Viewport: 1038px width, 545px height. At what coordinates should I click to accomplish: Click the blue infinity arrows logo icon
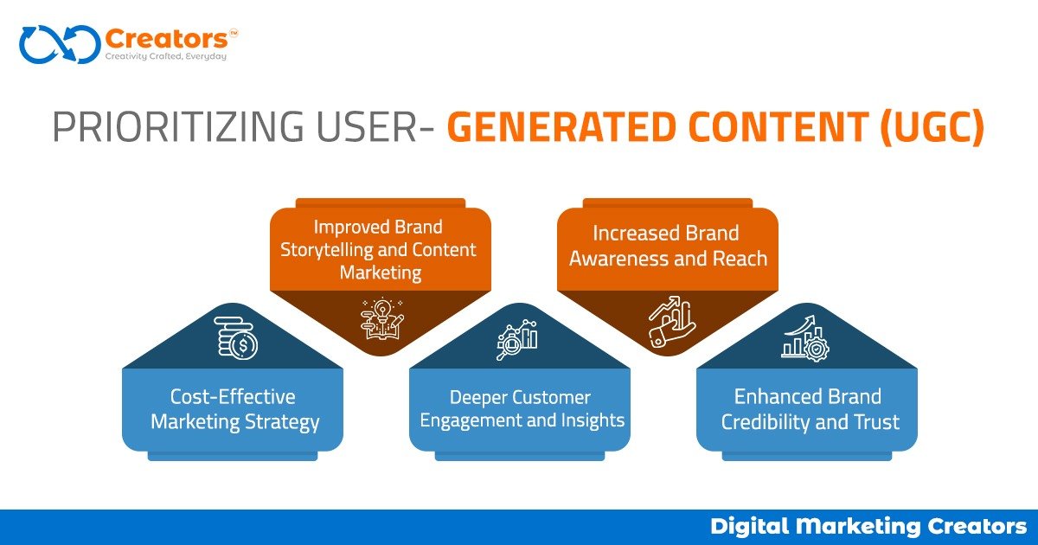point(61,44)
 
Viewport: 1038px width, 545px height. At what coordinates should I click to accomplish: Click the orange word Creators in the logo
point(166,39)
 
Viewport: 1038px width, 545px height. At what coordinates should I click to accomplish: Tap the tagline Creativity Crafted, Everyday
point(166,56)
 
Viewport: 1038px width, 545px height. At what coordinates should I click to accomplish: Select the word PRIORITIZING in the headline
point(178,126)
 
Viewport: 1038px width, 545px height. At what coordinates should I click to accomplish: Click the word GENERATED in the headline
point(561,126)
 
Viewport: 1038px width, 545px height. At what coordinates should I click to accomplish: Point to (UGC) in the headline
point(932,127)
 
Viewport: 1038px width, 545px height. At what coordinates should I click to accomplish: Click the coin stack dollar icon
point(236,338)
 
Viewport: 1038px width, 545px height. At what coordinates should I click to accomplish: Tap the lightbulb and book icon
point(382,318)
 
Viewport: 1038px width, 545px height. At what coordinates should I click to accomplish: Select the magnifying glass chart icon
point(517,340)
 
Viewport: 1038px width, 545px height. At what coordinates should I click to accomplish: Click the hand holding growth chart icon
point(671,321)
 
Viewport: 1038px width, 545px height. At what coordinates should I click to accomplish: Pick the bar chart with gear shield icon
point(805,338)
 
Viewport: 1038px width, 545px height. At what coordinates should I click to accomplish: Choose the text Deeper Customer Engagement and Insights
point(522,408)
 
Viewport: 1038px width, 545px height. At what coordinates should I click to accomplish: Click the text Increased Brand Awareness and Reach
point(668,246)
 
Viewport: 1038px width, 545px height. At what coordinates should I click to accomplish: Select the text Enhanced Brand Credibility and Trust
point(810,409)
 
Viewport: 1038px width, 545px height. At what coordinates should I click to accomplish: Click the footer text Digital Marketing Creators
point(868,527)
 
